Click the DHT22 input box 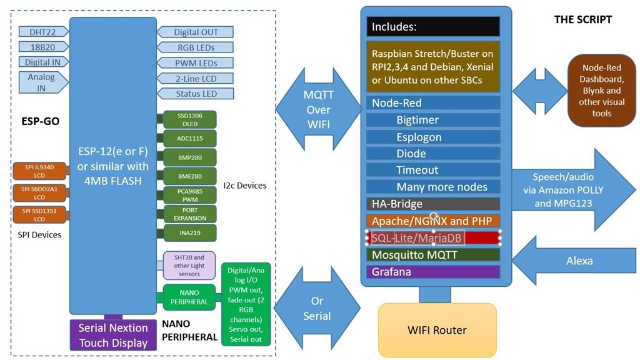(x=38, y=32)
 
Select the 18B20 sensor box (x=38, y=47)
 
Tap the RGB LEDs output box (x=195, y=47)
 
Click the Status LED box (x=195, y=94)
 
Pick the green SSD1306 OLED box (x=189, y=119)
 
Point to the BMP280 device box (x=189, y=156)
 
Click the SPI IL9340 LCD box (x=39, y=171)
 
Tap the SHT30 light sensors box (x=189, y=266)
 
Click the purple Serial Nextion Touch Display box (x=113, y=335)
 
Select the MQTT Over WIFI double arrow (x=318, y=109)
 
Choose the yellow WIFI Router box (x=437, y=330)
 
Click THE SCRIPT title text (x=582, y=19)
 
